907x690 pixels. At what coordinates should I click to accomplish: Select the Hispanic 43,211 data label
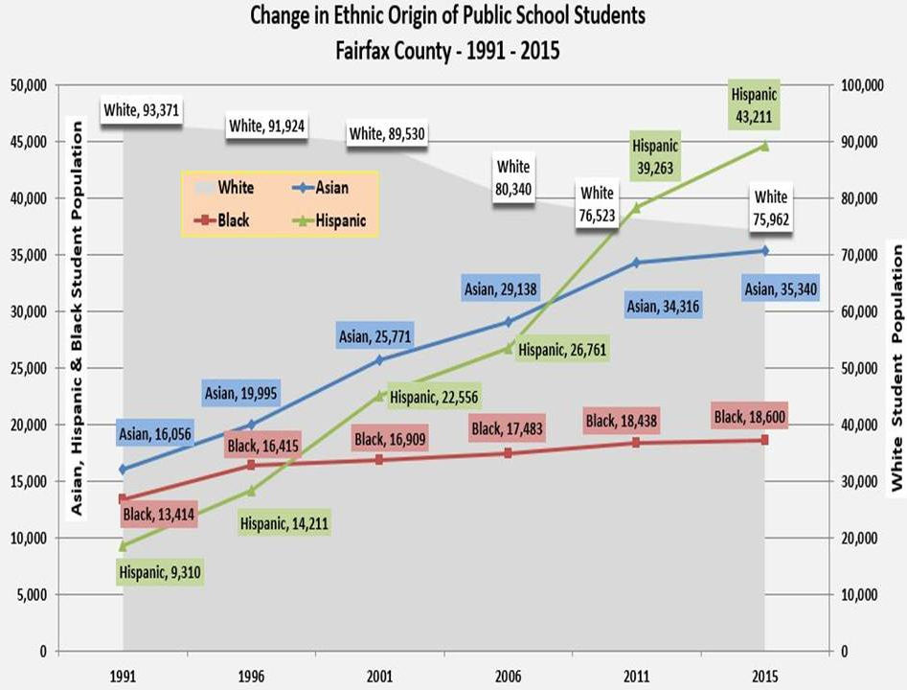[x=755, y=106]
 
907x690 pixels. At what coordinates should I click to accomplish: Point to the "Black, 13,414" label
[x=160, y=516]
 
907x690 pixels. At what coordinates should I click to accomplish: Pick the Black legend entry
[x=222, y=220]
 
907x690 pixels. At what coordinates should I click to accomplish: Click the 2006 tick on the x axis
[x=510, y=673]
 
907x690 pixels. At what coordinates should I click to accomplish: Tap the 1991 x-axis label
[x=124, y=673]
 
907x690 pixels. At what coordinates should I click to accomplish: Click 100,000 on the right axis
[x=859, y=85]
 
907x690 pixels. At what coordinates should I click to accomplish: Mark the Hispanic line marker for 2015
[x=764, y=146]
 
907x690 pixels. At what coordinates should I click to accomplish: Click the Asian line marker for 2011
[x=636, y=263]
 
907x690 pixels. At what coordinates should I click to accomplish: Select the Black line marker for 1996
[x=251, y=464]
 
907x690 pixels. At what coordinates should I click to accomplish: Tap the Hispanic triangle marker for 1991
[x=124, y=546]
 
